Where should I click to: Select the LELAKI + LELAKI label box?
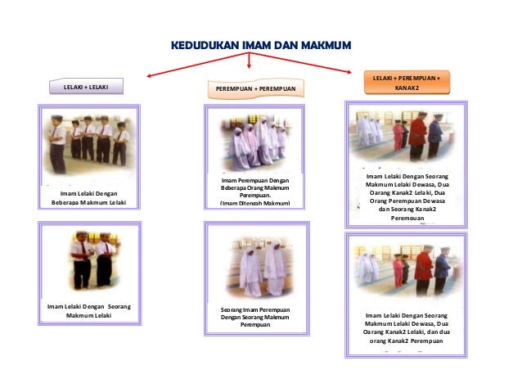click(x=86, y=86)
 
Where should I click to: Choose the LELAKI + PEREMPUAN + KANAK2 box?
click(x=406, y=83)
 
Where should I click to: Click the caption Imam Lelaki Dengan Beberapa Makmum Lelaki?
click(x=88, y=197)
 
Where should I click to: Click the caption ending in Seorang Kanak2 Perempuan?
click(x=407, y=197)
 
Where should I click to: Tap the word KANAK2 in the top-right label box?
click(x=406, y=88)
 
